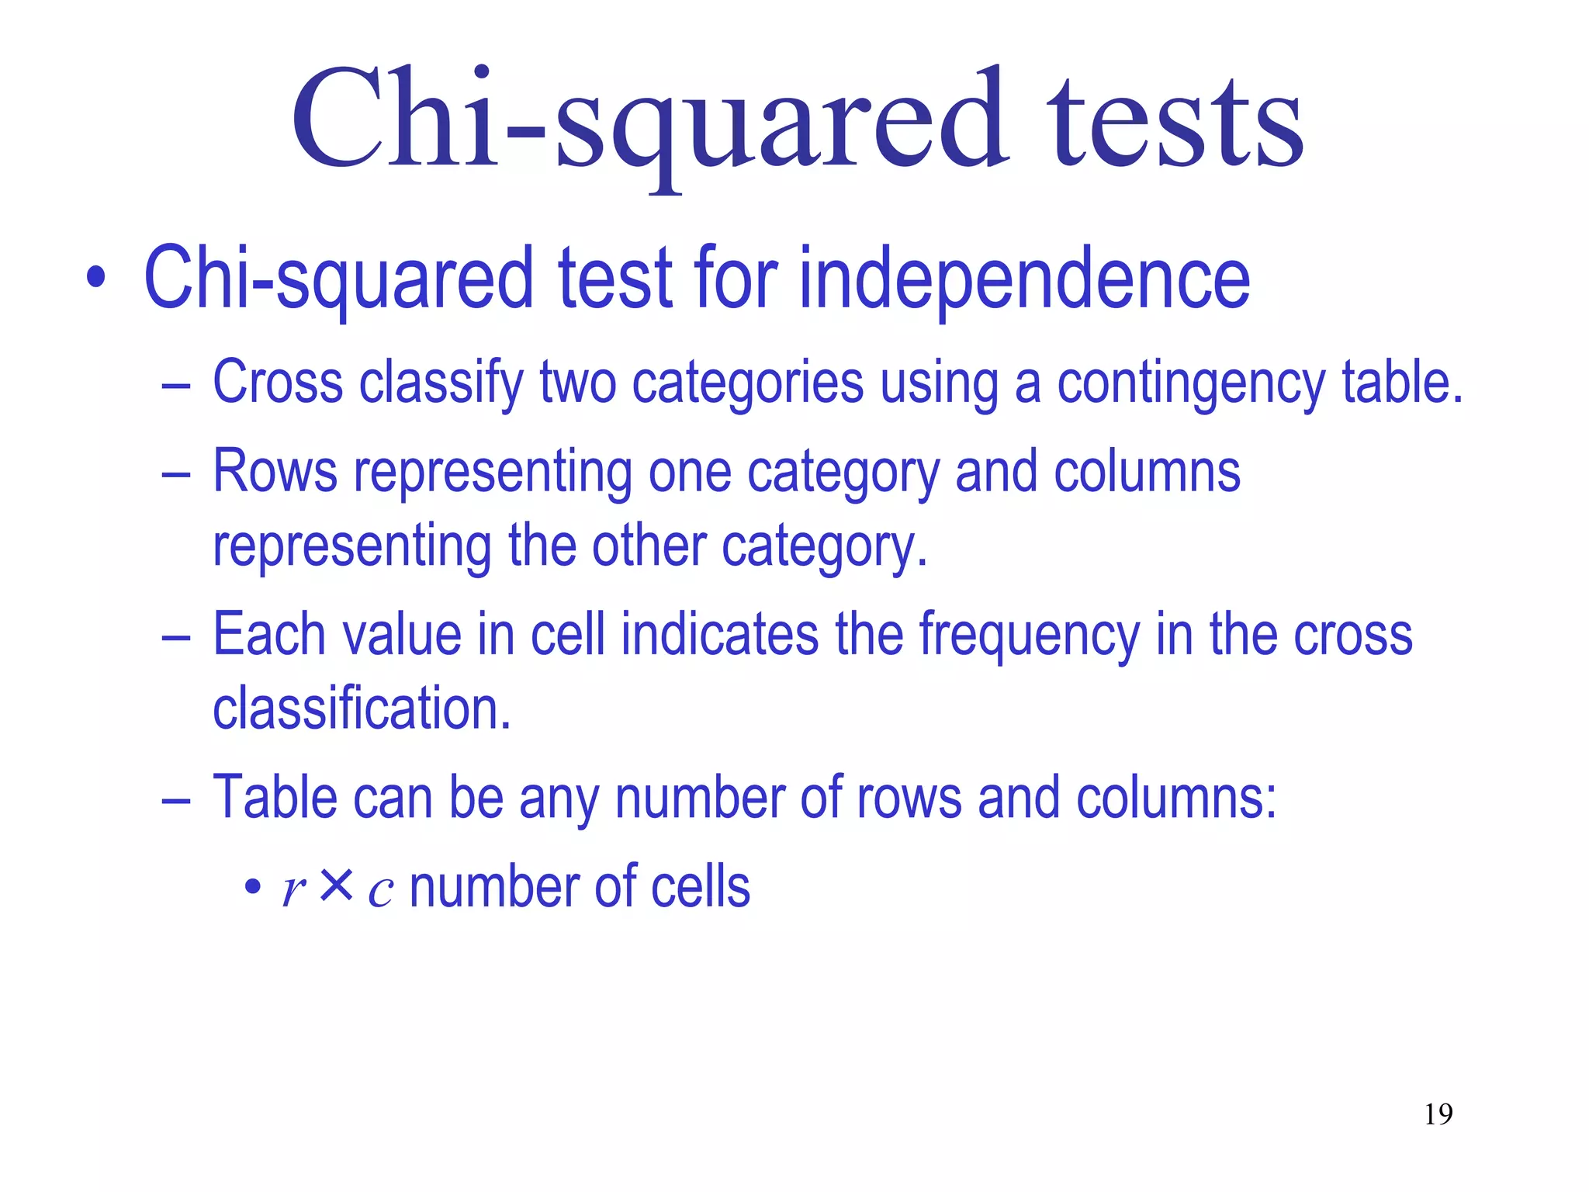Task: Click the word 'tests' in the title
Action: point(1175,124)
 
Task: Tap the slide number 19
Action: point(1438,1114)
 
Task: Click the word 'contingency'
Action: point(1191,384)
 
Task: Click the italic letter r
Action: point(294,889)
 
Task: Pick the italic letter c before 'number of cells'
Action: point(380,891)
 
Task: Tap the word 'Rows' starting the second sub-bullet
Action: point(275,471)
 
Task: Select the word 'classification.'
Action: point(362,708)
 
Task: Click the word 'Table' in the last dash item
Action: point(275,797)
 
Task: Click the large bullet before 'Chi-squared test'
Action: point(95,278)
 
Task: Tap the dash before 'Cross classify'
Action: point(176,384)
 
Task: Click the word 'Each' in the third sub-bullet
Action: point(268,634)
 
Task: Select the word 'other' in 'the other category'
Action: point(649,546)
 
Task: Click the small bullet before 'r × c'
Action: point(252,885)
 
